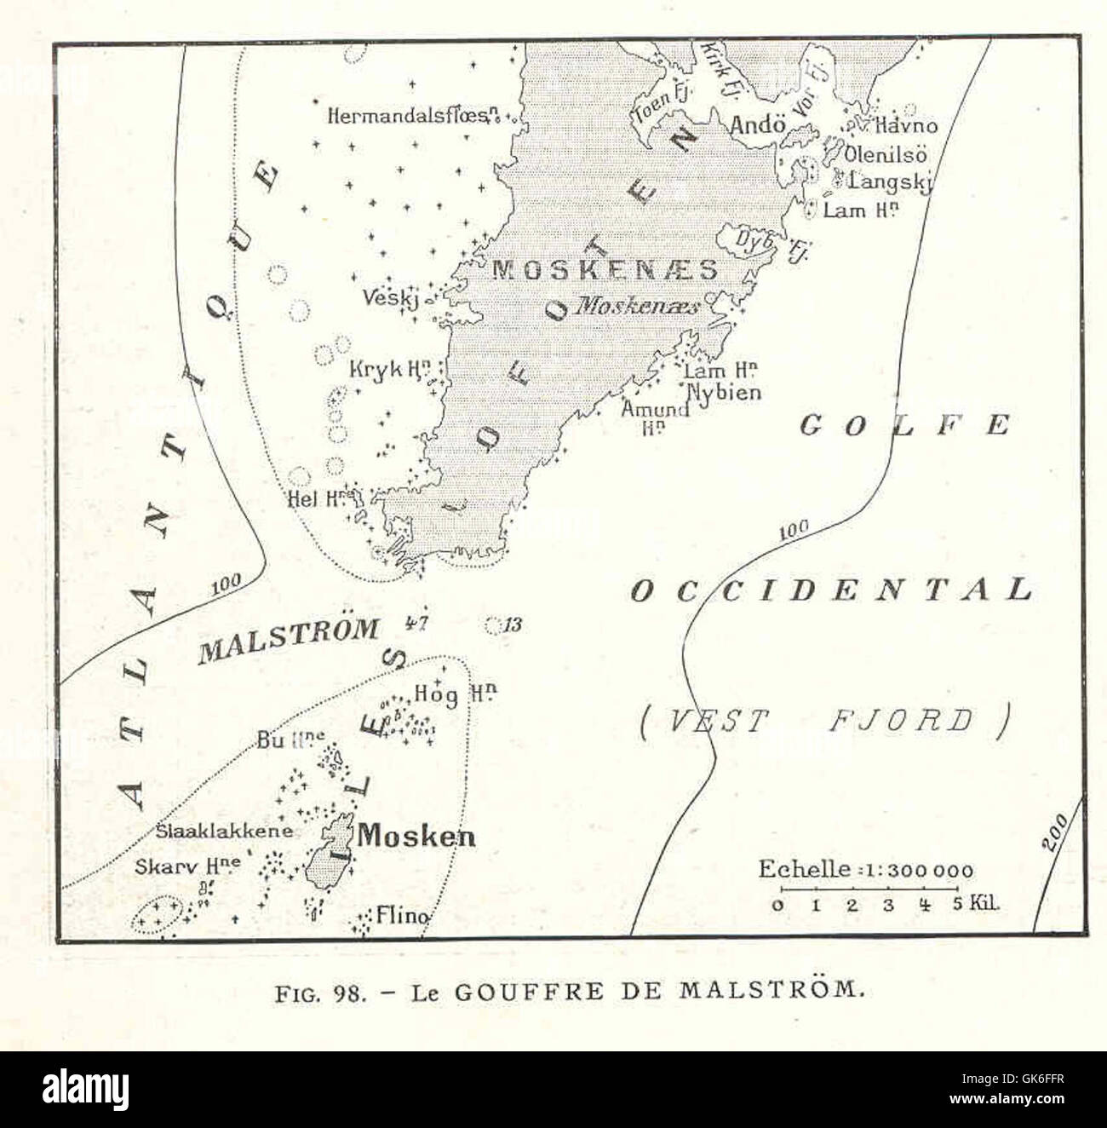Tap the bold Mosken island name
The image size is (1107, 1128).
pos(416,836)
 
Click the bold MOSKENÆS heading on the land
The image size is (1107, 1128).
pos(605,270)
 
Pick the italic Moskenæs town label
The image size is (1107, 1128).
pos(637,306)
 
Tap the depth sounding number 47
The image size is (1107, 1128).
pos(416,622)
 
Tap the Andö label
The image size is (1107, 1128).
pos(757,124)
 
